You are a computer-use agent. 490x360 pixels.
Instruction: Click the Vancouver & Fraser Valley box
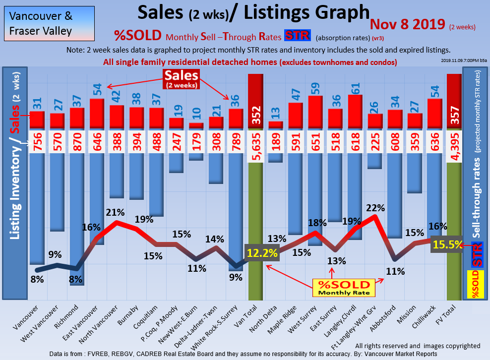coord(48,23)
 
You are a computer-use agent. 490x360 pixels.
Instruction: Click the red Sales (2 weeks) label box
coord(182,78)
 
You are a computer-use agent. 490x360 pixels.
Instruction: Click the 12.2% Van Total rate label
coord(261,253)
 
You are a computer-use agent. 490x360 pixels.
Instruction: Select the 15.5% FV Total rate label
coord(447,244)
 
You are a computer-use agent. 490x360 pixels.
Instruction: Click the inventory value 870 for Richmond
coord(77,142)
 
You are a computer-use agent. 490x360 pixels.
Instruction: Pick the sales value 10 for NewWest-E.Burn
coord(196,112)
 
